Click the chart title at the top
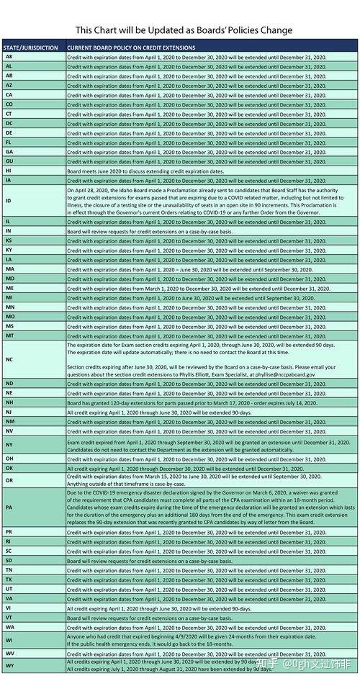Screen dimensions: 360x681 click(x=184, y=30)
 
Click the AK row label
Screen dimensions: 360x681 click(x=9, y=56)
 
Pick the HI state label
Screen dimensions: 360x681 click(x=9, y=171)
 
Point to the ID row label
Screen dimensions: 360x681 click(x=9, y=201)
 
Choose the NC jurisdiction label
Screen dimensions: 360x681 click(x=9, y=358)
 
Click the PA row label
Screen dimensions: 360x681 click(x=9, y=506)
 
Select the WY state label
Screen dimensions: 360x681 click(x=9, y=665)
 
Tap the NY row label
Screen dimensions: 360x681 click(x=9, y=445)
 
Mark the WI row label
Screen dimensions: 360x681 click(x=9, y=639)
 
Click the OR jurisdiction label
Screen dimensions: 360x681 click(x=9, y=479)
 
